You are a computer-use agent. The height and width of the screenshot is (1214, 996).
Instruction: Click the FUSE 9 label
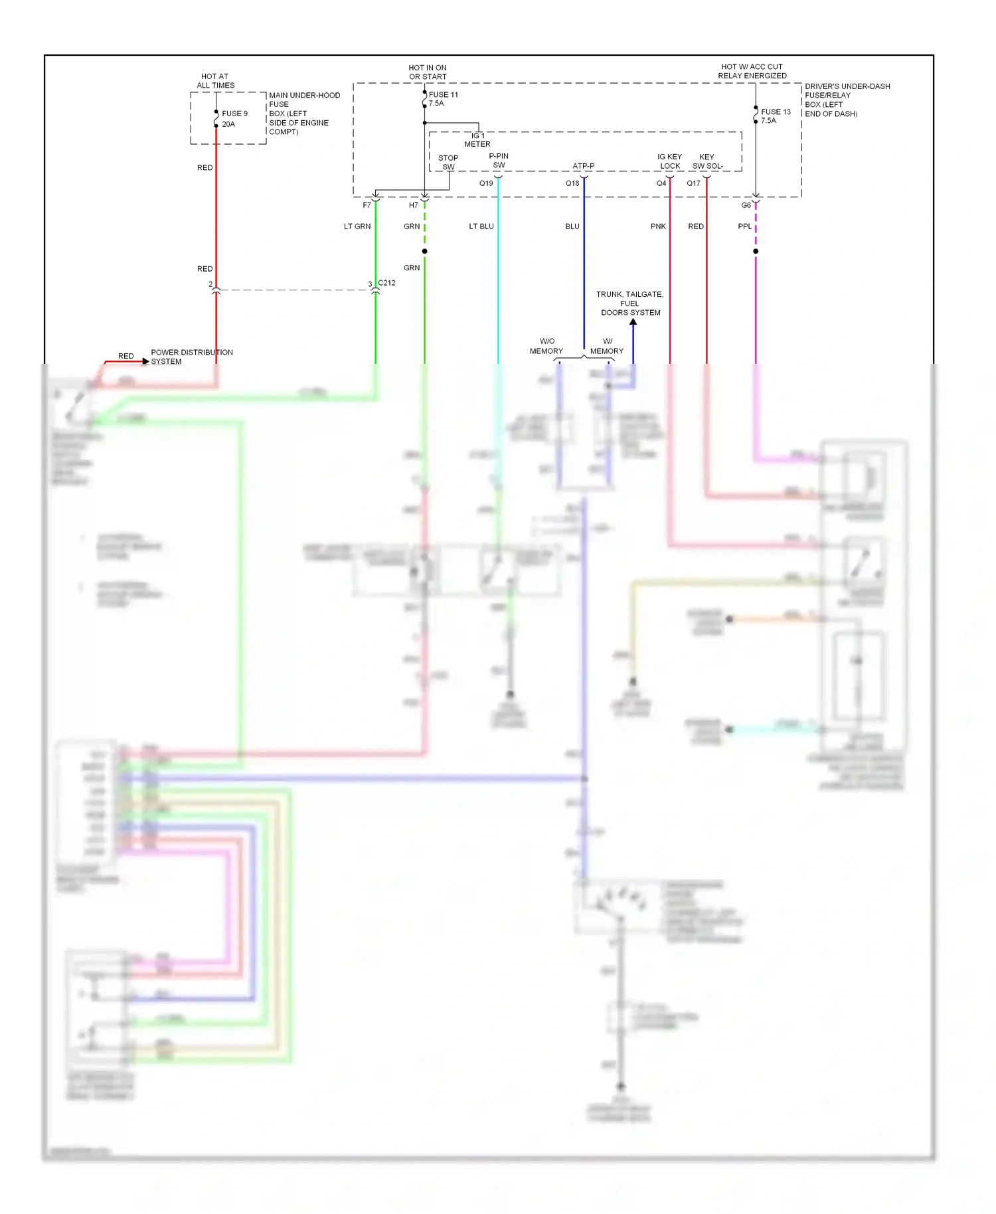[234, 114]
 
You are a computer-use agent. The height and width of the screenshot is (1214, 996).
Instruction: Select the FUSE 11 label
[444, 94]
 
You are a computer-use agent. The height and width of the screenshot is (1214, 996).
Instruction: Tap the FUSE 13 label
[776, 112]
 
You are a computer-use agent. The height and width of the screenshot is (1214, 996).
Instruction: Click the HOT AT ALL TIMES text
[215, 81]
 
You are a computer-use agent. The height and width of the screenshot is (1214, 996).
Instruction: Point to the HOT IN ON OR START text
[428, 72]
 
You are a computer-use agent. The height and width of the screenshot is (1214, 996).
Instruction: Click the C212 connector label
[386, 283]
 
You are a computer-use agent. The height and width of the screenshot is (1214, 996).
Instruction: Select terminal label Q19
[486, 183]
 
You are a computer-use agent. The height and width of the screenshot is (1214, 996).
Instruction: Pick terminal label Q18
[572, 183]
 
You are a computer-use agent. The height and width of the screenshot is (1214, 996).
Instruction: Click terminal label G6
[746, 205]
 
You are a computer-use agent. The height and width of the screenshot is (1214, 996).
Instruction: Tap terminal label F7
[367, 205]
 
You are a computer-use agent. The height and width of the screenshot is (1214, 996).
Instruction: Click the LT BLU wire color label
[481, 226]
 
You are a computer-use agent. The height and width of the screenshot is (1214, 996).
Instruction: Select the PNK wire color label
[658, 226]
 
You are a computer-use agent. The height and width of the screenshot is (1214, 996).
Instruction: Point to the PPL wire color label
[744, 226]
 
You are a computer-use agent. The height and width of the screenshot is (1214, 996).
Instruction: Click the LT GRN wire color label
[357, 226]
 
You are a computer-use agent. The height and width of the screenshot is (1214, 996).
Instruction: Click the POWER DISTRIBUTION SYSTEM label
[191, 357]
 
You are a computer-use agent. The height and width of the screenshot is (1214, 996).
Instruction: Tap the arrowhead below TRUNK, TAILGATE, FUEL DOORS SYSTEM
[633, 322]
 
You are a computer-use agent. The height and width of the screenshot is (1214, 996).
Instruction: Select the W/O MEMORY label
[546, 346]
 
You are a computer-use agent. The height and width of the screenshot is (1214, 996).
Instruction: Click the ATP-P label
[584, 166]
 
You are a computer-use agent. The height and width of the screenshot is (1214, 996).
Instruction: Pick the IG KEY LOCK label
[669, 161]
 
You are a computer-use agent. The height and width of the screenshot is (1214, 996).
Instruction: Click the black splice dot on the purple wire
[756, 251]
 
